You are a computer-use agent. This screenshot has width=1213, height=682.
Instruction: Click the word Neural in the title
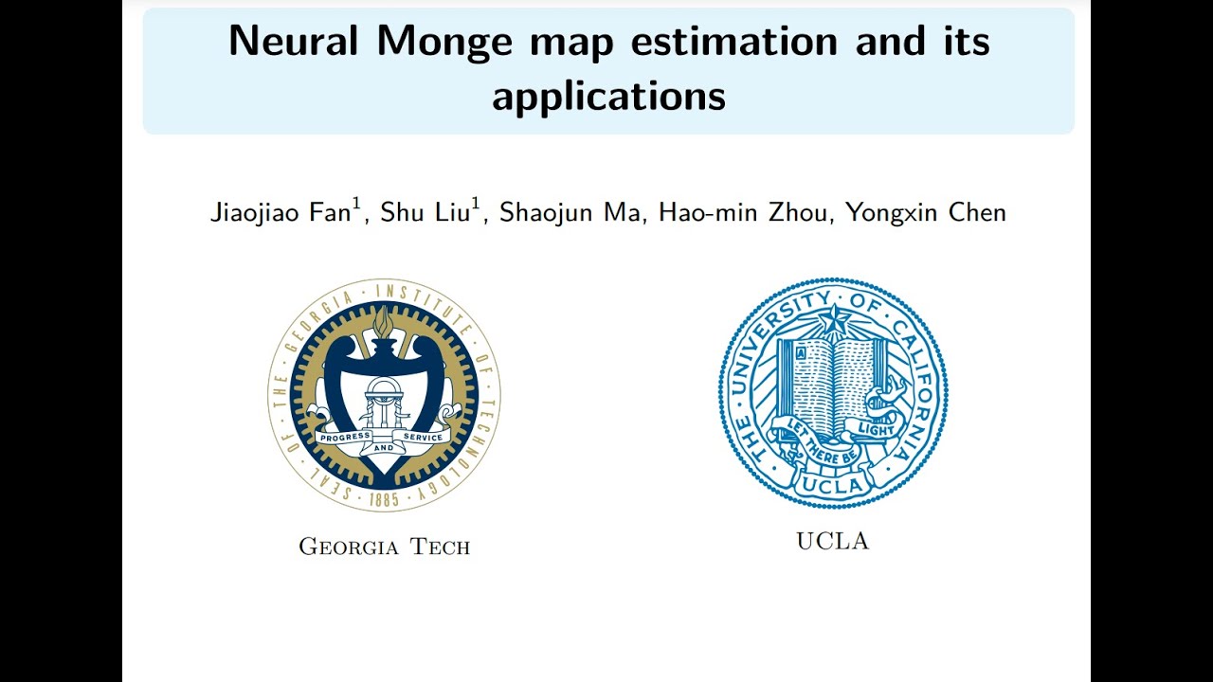292,42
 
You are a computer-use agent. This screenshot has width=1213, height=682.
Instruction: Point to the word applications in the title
608,96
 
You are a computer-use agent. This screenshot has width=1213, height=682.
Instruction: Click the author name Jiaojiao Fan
280,213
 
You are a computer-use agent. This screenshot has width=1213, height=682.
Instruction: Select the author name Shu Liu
424,213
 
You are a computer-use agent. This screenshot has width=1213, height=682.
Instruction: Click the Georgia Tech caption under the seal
385,547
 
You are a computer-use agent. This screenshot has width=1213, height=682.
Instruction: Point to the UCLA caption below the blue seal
832,541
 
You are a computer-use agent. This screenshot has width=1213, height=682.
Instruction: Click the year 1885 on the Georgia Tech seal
383,499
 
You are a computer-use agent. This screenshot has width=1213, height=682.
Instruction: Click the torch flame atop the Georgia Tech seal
383,322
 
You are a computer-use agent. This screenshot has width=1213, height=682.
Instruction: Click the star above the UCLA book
833,320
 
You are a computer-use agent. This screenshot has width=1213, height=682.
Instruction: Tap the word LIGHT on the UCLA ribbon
877,429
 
